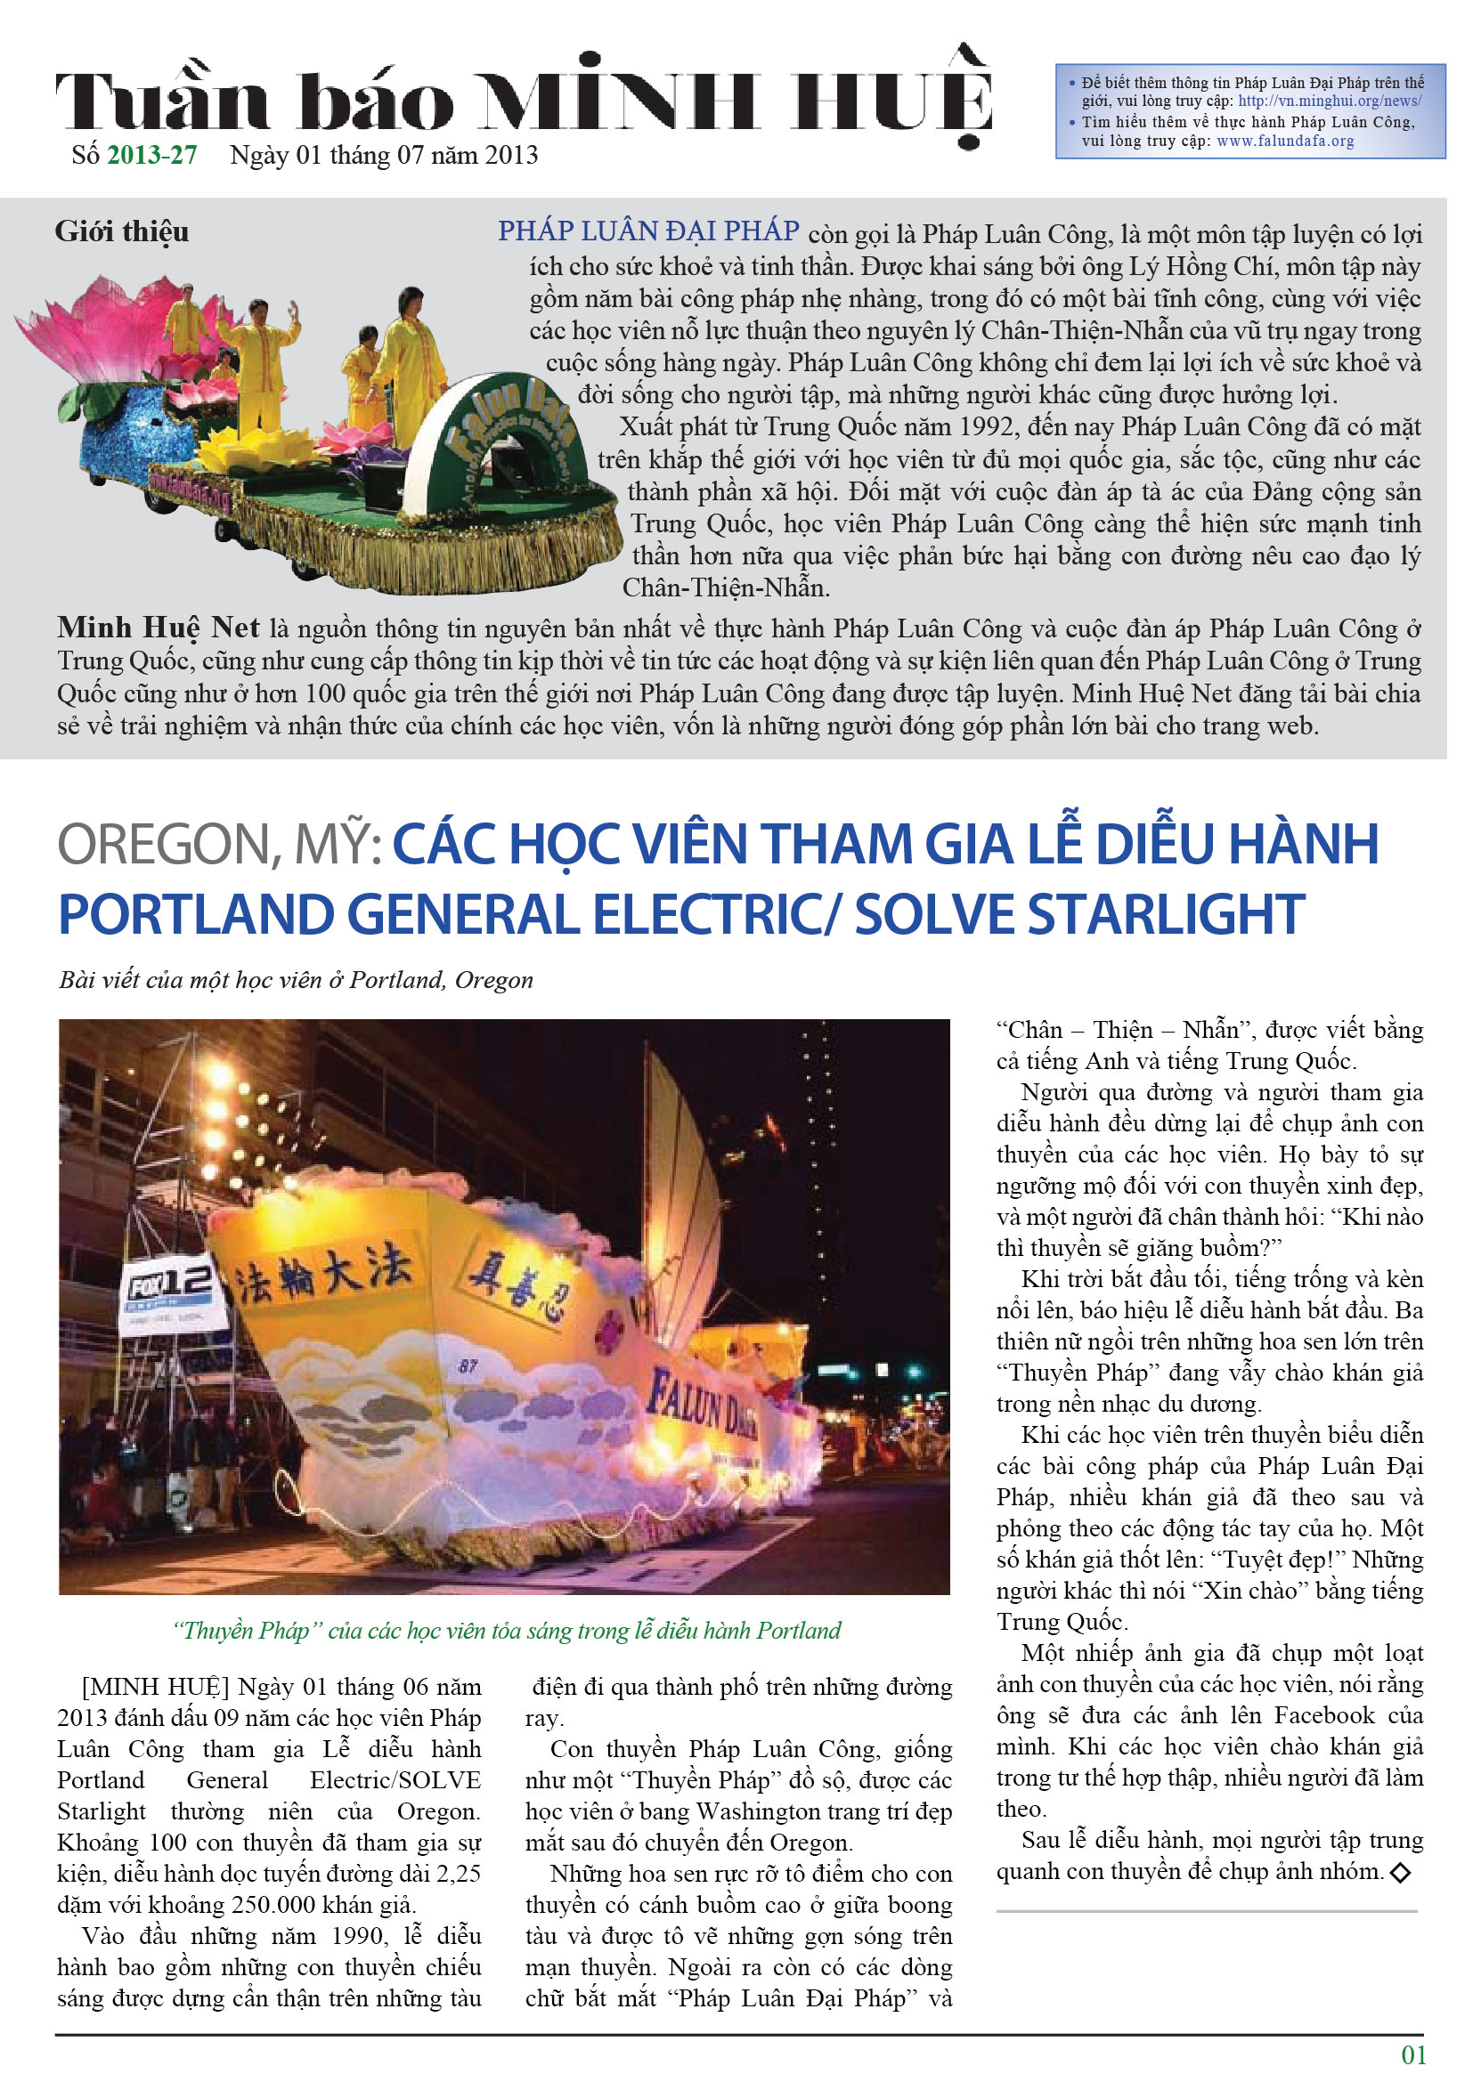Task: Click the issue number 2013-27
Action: click(x=151, y=155)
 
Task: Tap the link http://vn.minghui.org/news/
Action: click(x=1329, y=101)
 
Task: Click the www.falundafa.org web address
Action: click(x=1284, y=142)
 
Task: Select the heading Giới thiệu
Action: click(x=121, y=231)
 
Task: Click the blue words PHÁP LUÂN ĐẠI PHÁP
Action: click(x=647, y=231)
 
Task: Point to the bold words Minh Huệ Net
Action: click(x=158, y=628)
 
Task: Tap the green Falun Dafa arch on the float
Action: click(x=494, y=426)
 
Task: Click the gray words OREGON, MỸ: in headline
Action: click(x=218, y=844)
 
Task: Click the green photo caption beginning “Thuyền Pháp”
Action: click(x=506, y=1631)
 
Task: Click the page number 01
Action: click(x=1413, y=2055)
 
